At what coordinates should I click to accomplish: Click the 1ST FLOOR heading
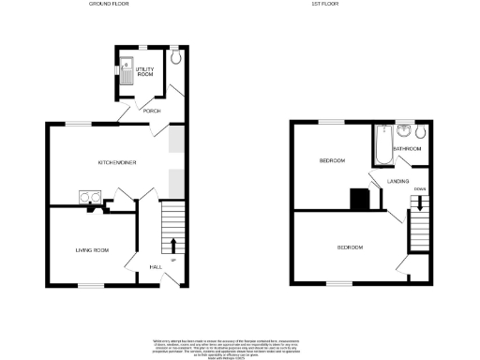(x=324, y=4)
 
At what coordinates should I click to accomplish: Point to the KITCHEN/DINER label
(x=118, y=162)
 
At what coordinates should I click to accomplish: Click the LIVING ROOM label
(x=93, y=250)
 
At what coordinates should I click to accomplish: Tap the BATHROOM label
(x=407, y=149)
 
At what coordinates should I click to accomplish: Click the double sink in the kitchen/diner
(x=90, y=197)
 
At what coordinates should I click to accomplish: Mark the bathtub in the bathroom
(x=381, y=143)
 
